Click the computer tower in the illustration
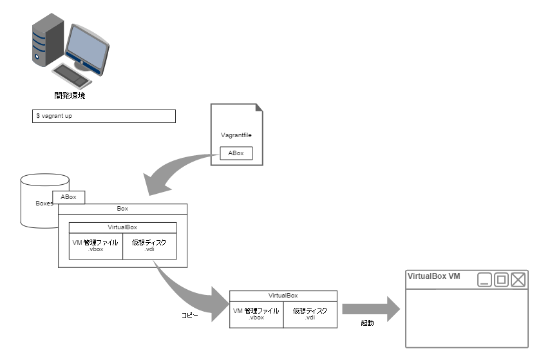click(x=48, y=40)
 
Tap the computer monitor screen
click(x=86, y=47)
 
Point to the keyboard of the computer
click(x=71, y=75)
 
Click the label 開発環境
click(x=70, y=95)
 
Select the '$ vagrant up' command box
click(x=104, y=116)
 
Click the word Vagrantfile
click(x=236, y=135)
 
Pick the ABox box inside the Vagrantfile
click(x=236, y=153)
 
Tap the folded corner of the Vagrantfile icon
click(x=259, y=108)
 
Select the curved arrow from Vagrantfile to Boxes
click(x=173, y=170)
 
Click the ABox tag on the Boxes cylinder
click(x=69, y=197)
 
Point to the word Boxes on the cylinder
click(x=44, y=204)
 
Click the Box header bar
click(x=122, y=209)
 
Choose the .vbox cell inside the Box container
click(x=95, y=246)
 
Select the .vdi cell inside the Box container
click(x=149, y=246)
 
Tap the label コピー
click(x=190, y=315)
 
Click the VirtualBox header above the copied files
click(x=283, y=296)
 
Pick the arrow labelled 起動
click(x=371, y=309)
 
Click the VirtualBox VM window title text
click(x=433, y=276)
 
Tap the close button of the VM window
click(x=518, y=279)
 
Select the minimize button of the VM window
click(x=484, y=279)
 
